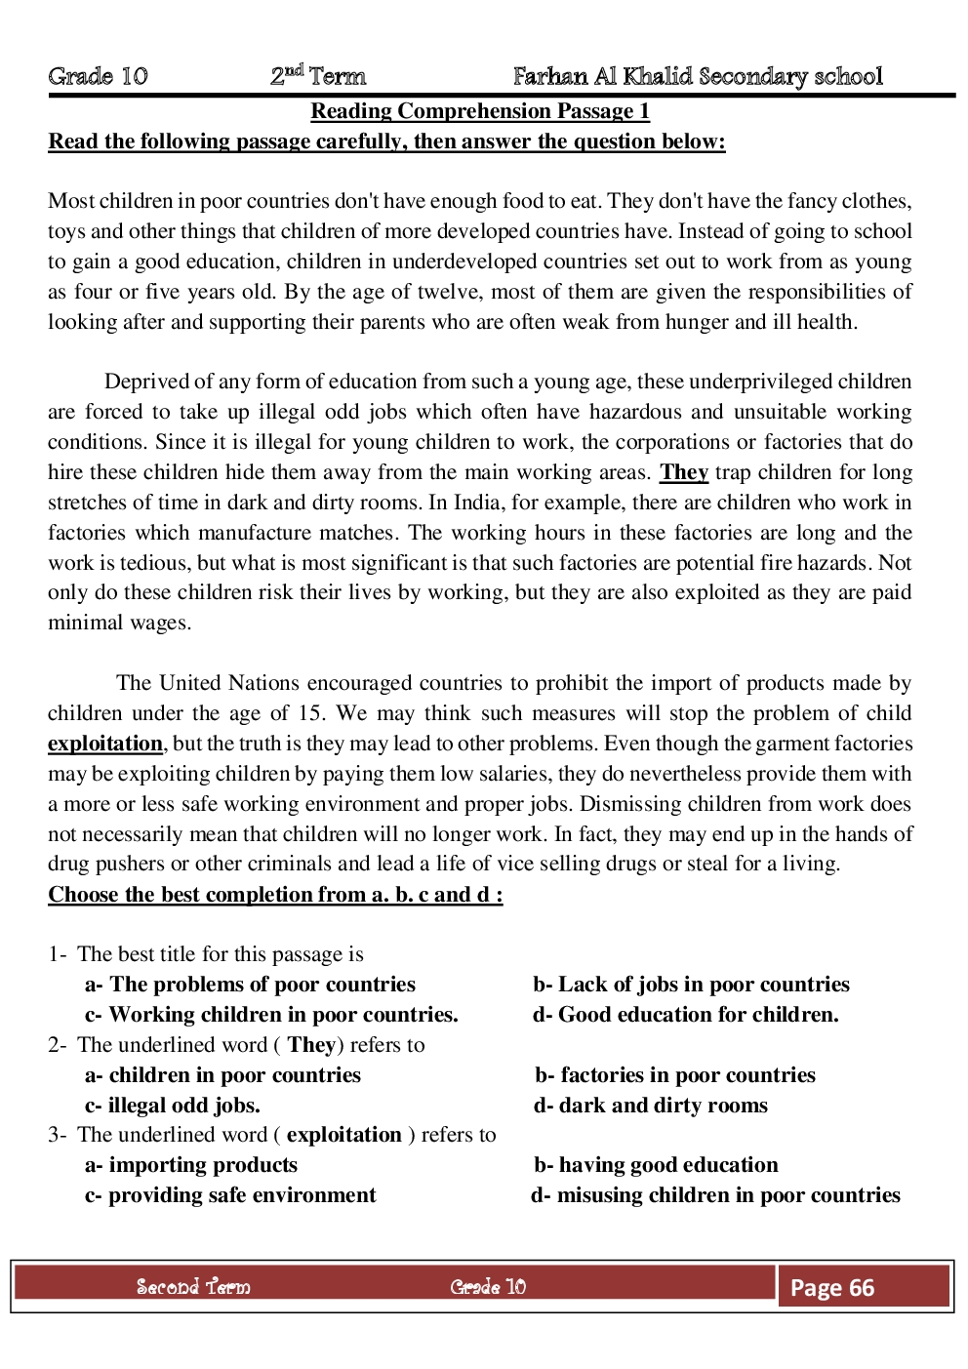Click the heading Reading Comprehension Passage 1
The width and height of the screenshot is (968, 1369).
(x=480, y=111)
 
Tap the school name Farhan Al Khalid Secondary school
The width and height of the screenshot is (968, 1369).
(x=698, y=76)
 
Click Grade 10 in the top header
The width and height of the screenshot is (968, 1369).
(x=98, y=76)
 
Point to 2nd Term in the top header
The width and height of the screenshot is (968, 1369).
(x=318, y=76)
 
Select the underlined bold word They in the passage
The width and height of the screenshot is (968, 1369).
(x=683, y=472)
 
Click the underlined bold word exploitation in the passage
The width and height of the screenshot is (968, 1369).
(x=105, y=744)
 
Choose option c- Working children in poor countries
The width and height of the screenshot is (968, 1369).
(x=271, y=1015)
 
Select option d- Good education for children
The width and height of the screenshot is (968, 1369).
(x=685, y=1015)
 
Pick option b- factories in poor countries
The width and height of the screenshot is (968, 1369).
(x=674, y=1075)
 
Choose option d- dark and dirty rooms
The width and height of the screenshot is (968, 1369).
(x=650, y=1106)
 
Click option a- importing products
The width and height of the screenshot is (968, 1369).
(x=191, y=1165)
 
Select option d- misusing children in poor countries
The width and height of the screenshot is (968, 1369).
(x=715, y=1195)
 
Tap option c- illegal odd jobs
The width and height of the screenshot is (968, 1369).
(x=173, y=1106)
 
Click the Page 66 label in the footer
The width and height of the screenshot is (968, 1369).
(x=832, y=1288)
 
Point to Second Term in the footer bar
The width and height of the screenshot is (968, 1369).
(x=193, y=1287)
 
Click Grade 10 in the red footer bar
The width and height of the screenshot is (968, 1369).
(x=488, y=1287)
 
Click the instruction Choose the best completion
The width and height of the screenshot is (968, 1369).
(x=275, y=895)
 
